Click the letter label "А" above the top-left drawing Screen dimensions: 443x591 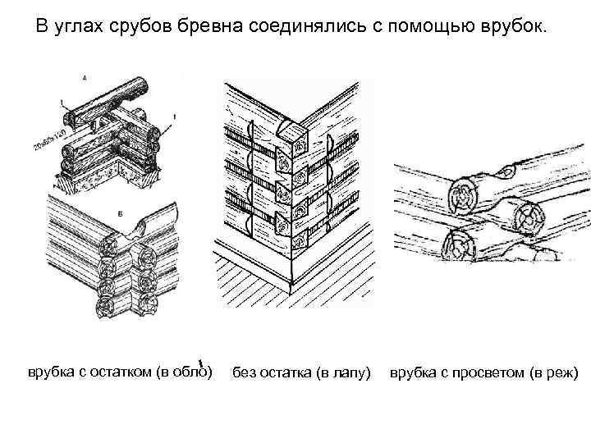point(86,77)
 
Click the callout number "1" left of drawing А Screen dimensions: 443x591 point(59,102)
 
